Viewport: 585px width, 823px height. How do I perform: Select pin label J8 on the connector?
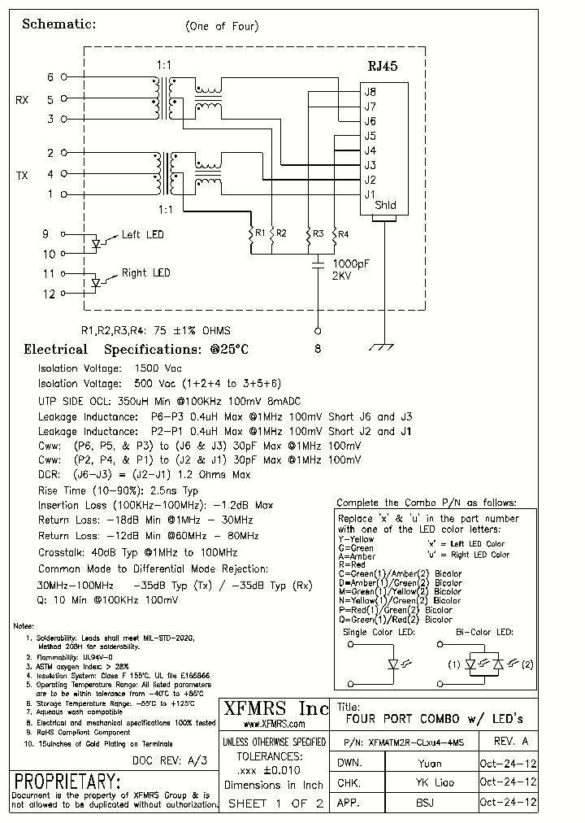370,91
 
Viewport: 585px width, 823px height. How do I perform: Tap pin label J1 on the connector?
370,194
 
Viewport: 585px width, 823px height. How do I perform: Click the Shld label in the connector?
385,206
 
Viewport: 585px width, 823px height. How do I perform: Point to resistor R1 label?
260,233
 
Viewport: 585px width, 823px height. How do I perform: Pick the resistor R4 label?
344,234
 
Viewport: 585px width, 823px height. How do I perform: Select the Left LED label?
142,235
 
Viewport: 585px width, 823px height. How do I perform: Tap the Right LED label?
145,273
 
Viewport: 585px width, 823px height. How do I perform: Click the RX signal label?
22,100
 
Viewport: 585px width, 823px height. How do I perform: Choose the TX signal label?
22,175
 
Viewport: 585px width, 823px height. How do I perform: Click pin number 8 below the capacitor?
318,348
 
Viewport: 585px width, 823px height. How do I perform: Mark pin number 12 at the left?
50,294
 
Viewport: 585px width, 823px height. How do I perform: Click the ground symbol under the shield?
379,347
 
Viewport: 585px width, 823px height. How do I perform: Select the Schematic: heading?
58,24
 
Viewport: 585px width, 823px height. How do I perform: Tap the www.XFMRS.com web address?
274,724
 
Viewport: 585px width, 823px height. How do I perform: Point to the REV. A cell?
510,742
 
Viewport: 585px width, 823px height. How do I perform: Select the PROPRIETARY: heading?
68,782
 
